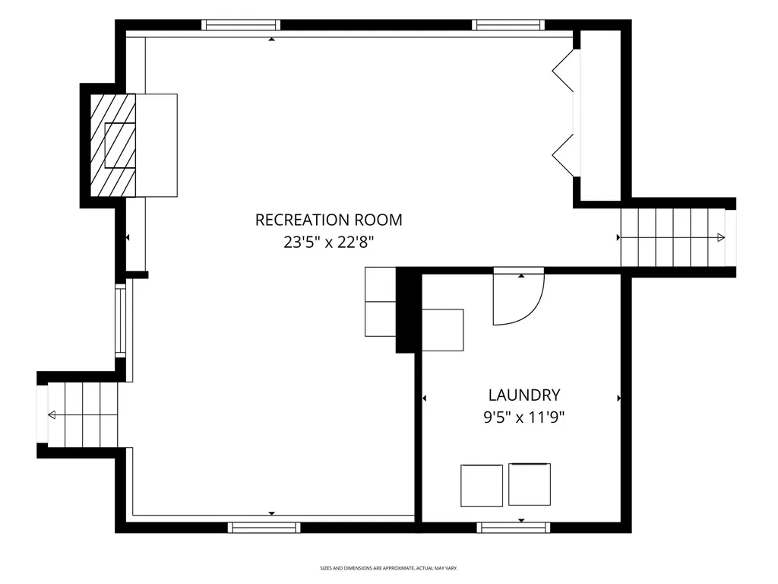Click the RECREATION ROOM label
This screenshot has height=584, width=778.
(x=328, y=220)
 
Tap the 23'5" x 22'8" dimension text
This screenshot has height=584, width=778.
(x=328, y=243)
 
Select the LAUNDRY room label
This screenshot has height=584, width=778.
(x=524, y=395)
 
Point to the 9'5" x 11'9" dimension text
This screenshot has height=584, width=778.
(x=524, y=417)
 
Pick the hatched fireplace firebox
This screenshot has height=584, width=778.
(x=112, y=145)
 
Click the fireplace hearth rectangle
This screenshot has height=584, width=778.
(x=157, y=145)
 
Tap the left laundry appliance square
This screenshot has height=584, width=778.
(x=481, y=486)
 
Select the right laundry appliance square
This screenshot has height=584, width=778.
(x=530, y=484)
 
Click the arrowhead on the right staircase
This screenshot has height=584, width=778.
(x=721, y=238)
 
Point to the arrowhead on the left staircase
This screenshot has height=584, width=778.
(x=52, y=414)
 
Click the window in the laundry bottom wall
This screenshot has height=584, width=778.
(x=514, y=528)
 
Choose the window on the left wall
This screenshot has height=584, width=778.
(x=121, y=320)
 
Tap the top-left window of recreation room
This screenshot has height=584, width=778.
(x=241, y=25)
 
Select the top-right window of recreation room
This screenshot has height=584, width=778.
(x=508, y=25)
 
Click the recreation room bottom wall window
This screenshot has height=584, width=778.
(x=264, y=528)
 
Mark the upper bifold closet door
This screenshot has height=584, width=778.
(x=563, y=71)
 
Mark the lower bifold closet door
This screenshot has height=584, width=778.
(x=563, y=155)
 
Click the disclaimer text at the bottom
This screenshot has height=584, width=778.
(x=388, y=568)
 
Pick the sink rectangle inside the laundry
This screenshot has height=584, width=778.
(x=443, y=330)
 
